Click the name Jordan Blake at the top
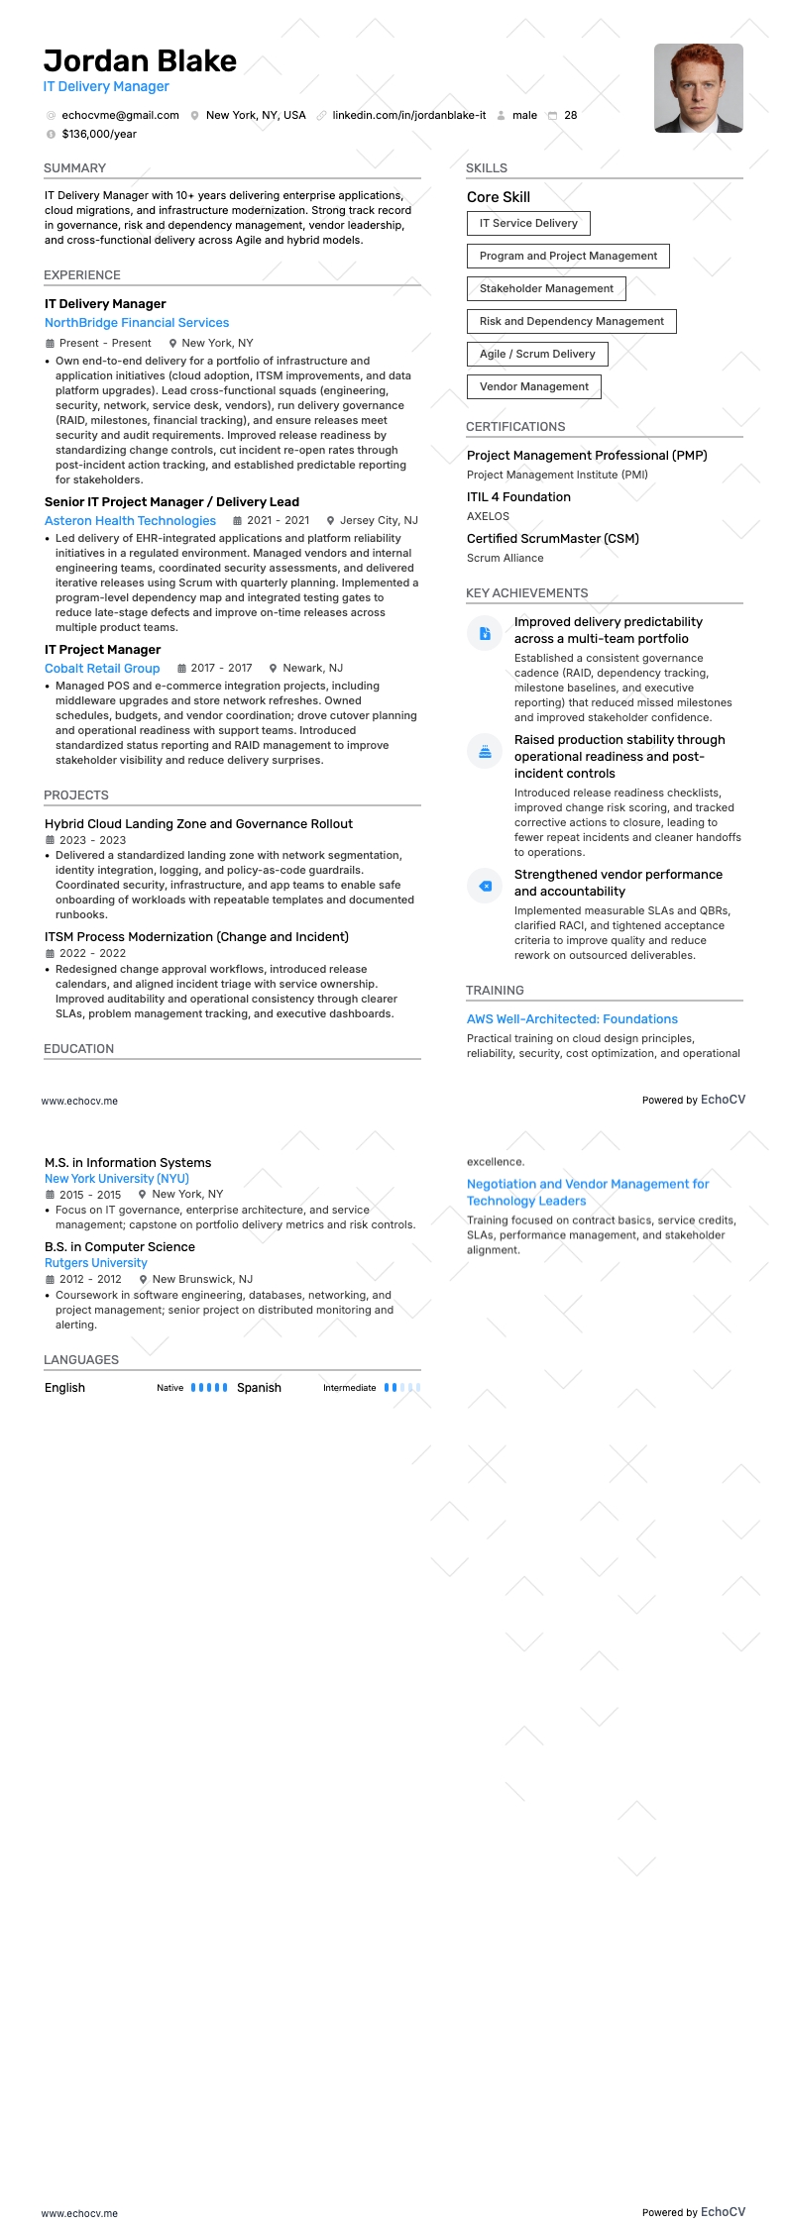tap(140, 61)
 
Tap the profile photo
tap(698, 88)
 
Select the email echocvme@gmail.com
tap(120, 115)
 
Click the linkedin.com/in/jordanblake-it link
tap(408, 115)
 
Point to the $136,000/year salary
tap(99, 134)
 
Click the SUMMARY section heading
tap(74, 168)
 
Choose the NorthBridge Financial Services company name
tap(137, 323)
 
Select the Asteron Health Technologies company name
tap(130, 521)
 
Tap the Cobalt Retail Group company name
tap(102, 669)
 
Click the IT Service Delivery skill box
tap(528, 223)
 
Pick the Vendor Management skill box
tap(533, 386)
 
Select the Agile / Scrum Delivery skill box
tap(537, 354)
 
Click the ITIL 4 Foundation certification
tap(518, 497)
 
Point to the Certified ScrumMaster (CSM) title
tap(553, 539)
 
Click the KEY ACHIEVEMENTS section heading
tap(526, 593)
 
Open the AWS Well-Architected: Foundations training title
tap(572, 1019)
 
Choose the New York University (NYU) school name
tap(117, 1179)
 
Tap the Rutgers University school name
tap(96, 1263)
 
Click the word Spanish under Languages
tap(259, 1388)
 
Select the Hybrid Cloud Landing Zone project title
tap(198, 824)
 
